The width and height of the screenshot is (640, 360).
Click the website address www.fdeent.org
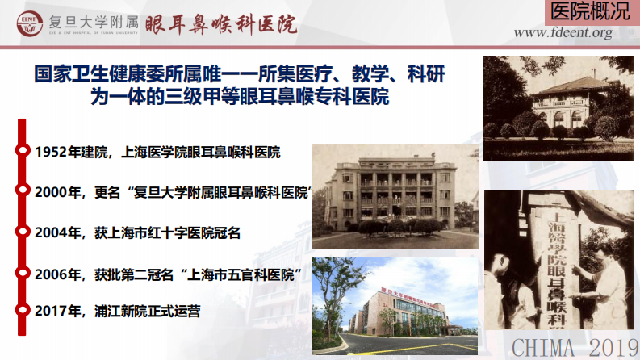pyautogui.click(x=563, y=33)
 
